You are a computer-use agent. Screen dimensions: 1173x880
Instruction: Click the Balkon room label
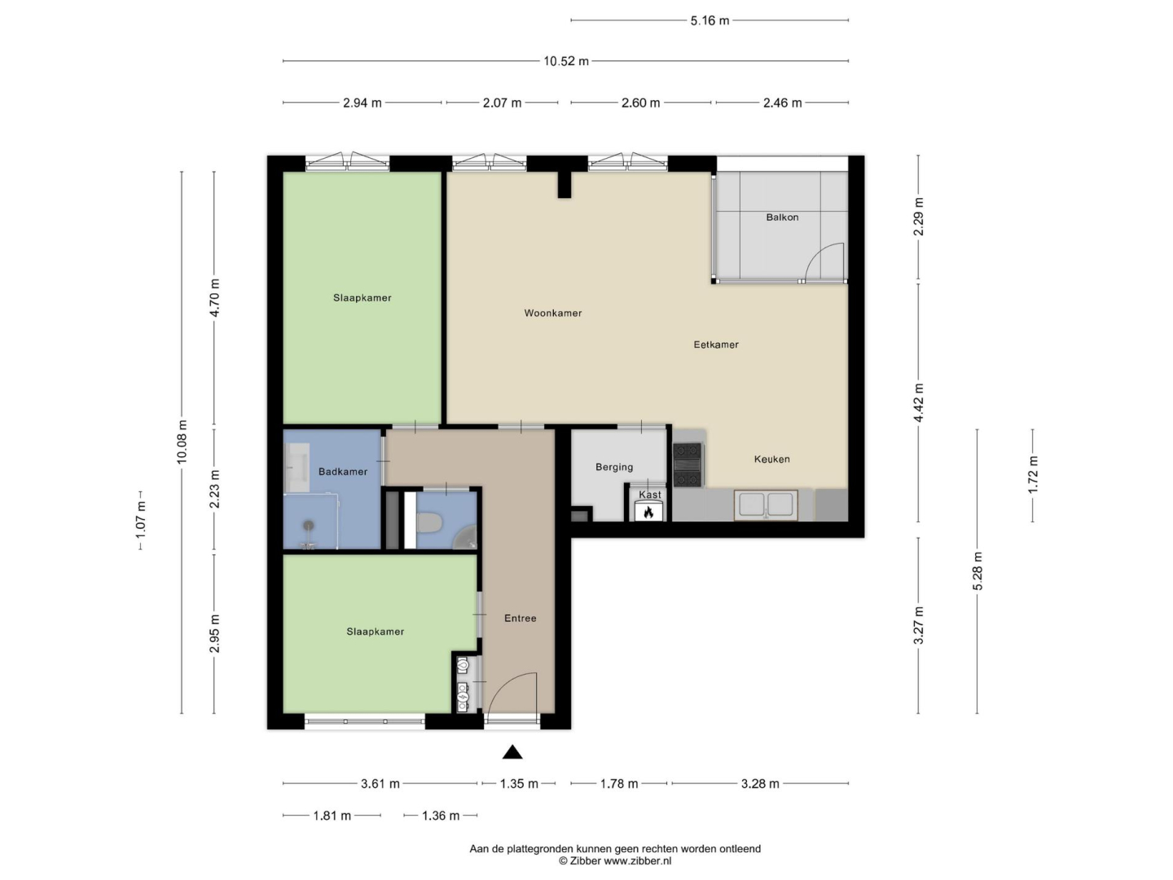point(782,218)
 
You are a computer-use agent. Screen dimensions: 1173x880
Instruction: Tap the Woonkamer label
point(552,313)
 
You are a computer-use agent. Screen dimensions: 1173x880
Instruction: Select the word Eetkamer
point(715,345)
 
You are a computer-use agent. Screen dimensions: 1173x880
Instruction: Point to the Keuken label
point(771,459)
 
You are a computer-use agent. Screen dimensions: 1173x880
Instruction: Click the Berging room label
point(614,467)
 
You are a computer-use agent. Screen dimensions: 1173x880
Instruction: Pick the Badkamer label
point(343,472)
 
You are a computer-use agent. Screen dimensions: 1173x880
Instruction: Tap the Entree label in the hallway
point(520,618)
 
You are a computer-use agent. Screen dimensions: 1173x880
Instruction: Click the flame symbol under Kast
point(648,513)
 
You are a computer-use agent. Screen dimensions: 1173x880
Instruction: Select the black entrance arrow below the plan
point(512,752)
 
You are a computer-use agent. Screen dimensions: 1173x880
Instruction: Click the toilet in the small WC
point(429,522)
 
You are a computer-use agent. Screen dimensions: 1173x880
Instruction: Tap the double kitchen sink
point(766,504)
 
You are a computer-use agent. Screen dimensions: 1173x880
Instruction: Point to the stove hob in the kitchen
point(688,464)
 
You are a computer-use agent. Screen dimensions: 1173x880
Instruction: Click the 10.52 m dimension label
point(566,61)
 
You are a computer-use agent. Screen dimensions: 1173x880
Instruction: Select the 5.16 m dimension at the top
point(710,21)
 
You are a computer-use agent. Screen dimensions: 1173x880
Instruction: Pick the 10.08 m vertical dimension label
point(182,442)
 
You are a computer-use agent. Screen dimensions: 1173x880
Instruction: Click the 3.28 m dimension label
point(760,784)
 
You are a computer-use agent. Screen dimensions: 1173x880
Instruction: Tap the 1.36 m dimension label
point(441,816)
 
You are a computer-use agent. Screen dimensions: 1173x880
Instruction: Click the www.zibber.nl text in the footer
point(638,860)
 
